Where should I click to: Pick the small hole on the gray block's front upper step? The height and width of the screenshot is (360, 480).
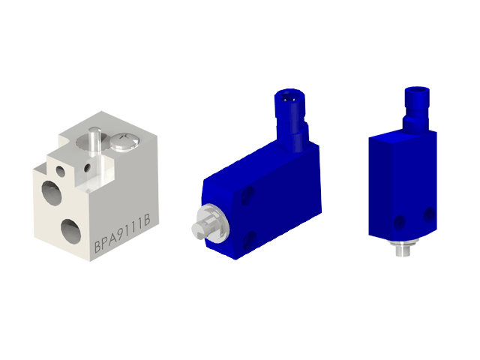[x=61, y=169]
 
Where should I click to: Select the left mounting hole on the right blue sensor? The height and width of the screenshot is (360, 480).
[x=399, y=222]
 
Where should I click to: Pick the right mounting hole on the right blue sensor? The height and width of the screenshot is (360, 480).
[x=429, y=215]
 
